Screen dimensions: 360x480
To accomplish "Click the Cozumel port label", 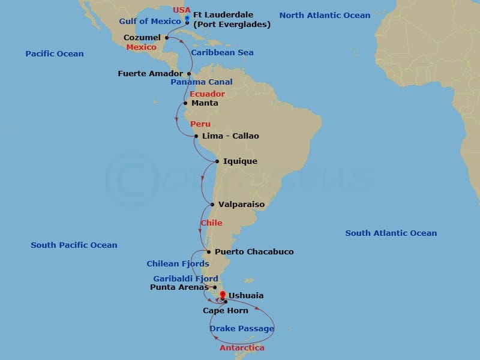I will pos(142,38).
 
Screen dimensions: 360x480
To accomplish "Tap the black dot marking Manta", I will pos(185,103).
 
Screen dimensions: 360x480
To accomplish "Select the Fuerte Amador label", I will pos(150,74).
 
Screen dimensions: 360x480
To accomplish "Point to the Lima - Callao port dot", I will pos(196,136).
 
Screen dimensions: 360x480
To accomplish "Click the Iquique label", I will pos(240,161).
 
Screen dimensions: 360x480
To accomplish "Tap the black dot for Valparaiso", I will pos(212,205).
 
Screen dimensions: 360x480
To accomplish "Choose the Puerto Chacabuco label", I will pos(254,252).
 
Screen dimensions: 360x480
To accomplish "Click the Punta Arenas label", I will pos(179,287).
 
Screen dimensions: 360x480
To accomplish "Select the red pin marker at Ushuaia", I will pos(223,295).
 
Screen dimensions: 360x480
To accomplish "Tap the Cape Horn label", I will pos(225,311).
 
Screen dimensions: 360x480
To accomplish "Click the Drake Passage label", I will pos(242,329).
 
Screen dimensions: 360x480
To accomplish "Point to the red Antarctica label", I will pos(242,348).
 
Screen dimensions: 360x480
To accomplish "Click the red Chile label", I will pos(211,223).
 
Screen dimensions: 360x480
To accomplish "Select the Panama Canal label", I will pos(202,82).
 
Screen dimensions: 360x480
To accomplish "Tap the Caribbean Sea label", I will pos(222,53).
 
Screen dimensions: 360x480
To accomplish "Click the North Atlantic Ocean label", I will pos(325,16).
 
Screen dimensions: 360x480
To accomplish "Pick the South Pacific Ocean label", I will pos(74,245).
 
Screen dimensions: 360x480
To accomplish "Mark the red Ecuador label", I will pos(207,94).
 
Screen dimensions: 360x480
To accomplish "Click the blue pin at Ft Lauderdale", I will pos(187,19).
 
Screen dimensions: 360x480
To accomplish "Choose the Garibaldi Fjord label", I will pos(185,279).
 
